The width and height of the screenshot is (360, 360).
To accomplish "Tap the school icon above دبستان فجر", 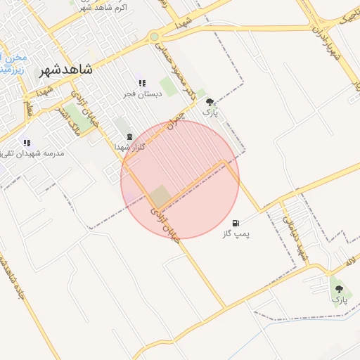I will (x=142, y=84).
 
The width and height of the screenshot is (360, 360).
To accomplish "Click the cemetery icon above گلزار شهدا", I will (x=129, y=137).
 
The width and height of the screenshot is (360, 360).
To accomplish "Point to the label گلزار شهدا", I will (x=131, y=147).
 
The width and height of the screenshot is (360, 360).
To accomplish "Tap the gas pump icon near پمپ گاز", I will (x=234, y=223).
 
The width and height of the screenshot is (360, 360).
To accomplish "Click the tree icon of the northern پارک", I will (x=210, y=103).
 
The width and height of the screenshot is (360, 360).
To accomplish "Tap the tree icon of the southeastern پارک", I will (x=340, y=289).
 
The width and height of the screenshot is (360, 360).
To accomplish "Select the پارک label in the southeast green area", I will (x=340, y=300).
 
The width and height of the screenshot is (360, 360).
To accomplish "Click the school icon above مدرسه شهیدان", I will (x=27, y=143).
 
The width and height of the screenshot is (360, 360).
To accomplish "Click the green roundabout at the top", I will (x=154, y=37).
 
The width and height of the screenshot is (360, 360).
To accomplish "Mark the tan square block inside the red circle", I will (x=161, y=196).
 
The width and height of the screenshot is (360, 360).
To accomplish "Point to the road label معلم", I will (x=28, y=108).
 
